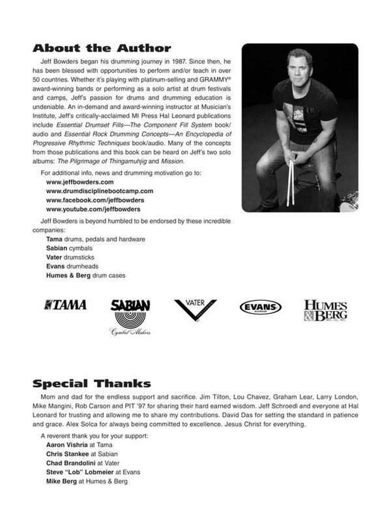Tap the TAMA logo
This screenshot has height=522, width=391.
tap(65, 305)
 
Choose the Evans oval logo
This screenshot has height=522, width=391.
tap(260, 307)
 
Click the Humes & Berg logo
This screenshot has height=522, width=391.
tap(325, 311)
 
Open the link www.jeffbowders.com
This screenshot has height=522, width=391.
tap(77, 182)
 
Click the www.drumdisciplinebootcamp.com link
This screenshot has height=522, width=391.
tap(100, 191)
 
